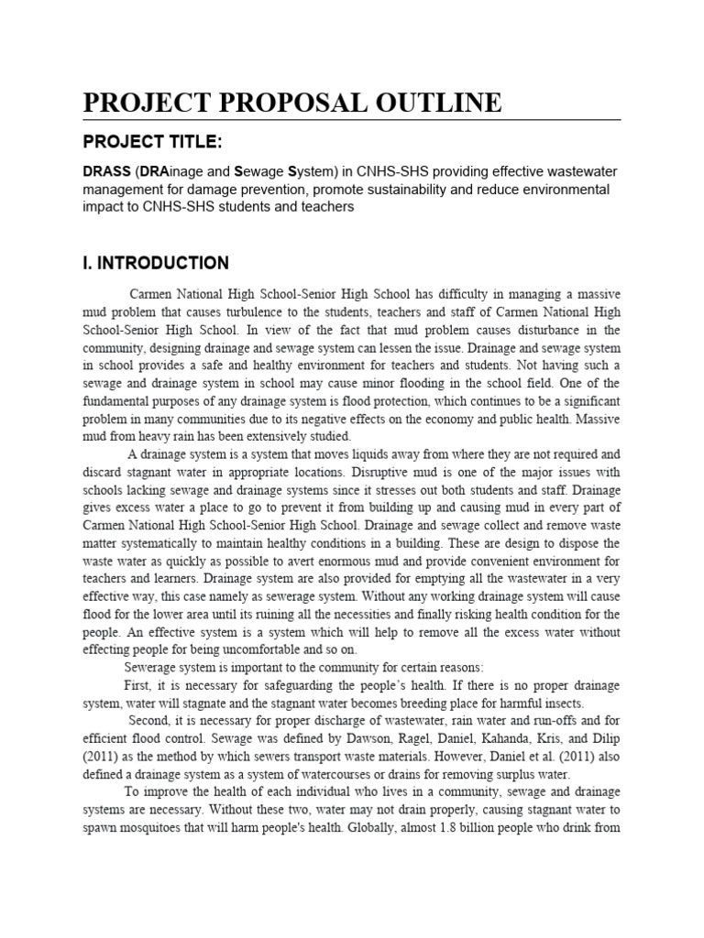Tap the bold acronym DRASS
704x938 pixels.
(x=107, y=173)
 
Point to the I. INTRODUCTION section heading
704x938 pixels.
(x=156, y=264)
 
